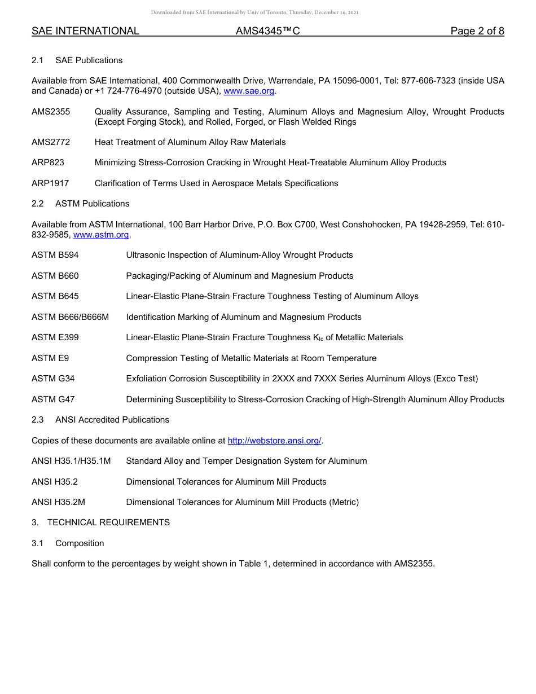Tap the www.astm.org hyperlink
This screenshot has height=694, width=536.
[101, 235]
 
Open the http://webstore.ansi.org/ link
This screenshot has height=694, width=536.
[274, 441]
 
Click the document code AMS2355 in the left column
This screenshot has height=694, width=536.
[51, 112]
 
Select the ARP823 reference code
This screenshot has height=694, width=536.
[48, 162]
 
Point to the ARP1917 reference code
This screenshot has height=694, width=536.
[50, 183]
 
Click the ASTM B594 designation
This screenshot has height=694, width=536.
[55, 255]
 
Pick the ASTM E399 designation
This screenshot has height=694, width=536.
[55, 337]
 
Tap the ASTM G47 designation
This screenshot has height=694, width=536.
[53, 399]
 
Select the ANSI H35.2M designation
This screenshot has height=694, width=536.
[59, 502]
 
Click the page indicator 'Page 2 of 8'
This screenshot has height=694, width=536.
[477, 32]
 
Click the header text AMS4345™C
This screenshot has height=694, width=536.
[267, 32]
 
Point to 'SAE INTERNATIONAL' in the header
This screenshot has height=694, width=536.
[85, 32]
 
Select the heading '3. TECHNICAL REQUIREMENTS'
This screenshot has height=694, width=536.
[100, 522]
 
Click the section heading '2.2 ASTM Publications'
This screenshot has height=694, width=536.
[80, 204]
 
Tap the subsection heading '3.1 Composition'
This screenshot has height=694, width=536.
[68, 543]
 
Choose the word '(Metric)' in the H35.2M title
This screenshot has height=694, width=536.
[344, 502]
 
